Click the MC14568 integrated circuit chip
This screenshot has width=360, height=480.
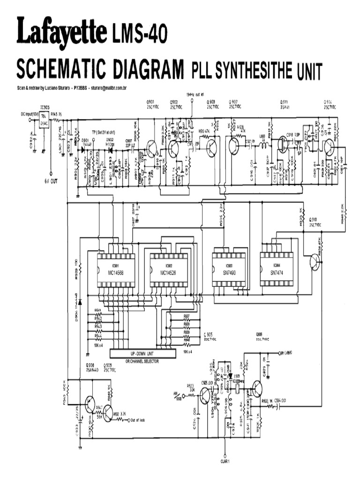[x=115, y=270]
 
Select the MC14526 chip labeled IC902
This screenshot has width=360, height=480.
[x=168, y=270]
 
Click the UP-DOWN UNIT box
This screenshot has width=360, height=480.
[x=142, y=353]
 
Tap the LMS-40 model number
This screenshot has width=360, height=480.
[x=140, y=34]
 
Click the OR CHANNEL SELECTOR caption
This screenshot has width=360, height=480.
[x=142, y=361]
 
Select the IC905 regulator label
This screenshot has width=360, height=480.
[x=45, y=107]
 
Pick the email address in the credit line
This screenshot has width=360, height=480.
[x=110, y=88]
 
